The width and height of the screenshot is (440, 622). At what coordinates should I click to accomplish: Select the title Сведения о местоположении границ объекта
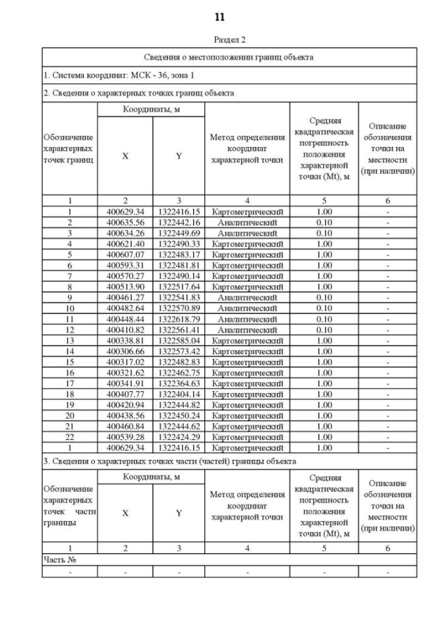tap(229, 57)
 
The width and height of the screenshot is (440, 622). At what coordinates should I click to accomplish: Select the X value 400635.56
tap(124, 223)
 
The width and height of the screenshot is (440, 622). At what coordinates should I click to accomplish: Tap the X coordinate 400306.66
tap(124, 352)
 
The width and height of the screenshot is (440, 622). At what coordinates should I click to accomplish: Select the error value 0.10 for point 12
tap(324, 330)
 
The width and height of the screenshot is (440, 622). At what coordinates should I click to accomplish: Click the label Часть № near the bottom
tap(58, 560)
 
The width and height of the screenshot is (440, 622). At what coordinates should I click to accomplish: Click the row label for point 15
tap(69, 362)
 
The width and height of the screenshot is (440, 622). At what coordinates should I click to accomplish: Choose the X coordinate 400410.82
tap(124, 330)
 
